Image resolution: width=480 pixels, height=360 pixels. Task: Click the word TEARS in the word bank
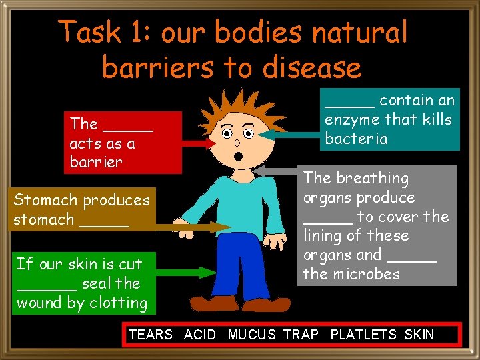point(151,335)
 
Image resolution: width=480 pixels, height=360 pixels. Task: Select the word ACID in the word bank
point(199,335)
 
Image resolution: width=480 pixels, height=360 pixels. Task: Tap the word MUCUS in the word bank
point(252,335)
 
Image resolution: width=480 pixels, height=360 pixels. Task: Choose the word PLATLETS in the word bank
point(363,335)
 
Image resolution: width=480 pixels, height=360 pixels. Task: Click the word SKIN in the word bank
point(419,335)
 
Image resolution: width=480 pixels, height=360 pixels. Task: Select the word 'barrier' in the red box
point(96,163)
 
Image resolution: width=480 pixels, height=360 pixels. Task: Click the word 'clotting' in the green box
point(120,303)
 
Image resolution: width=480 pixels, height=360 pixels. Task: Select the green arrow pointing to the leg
point(187,272)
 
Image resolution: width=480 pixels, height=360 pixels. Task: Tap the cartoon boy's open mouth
point(238,157)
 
